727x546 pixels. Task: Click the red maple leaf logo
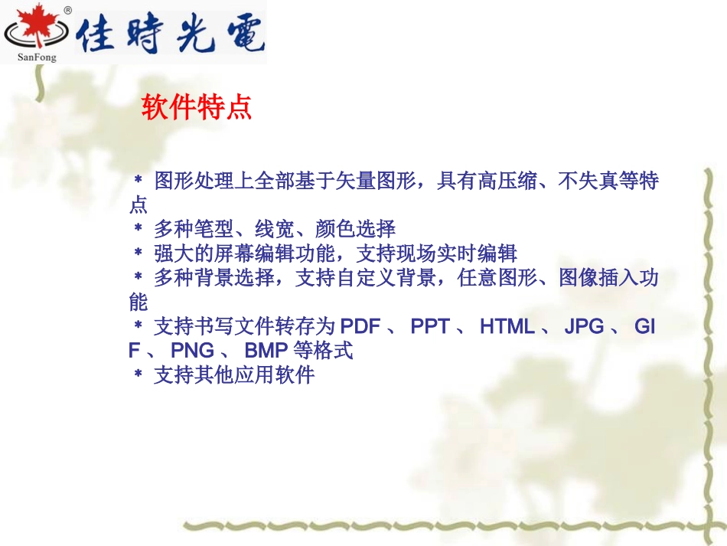(34, 28)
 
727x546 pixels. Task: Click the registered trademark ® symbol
(67, 11)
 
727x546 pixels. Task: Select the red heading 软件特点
(197, 107)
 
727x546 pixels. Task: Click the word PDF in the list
(360, 327)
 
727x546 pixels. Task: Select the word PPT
(430, 327)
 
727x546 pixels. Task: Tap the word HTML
(507, 327)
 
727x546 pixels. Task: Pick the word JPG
(584, 327)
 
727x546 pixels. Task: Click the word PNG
(193, 351)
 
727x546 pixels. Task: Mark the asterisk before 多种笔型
(139, 228)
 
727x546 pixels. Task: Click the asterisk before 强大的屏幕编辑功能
(139, 253)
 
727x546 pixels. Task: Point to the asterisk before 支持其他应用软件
(139, 376)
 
